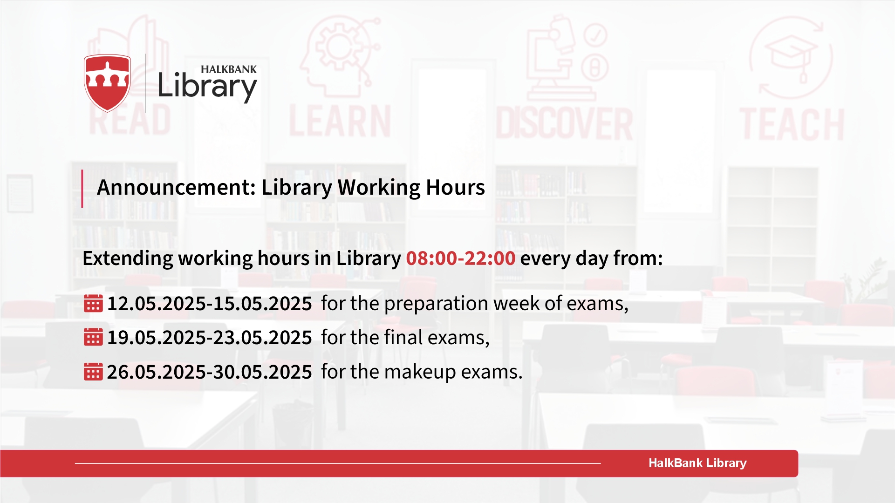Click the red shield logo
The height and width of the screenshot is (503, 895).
click(x=107, y=83)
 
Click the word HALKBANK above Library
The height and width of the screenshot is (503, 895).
click(x=229, y=69)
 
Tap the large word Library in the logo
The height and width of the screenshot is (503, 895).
click(x=207, y=87)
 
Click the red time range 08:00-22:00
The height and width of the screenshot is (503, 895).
click(x=461, y=258)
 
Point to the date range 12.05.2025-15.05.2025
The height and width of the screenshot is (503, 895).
click(x=209, y=304)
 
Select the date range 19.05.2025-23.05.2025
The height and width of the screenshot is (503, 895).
click(x=209, y=338)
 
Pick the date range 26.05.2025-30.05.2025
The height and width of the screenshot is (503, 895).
click(x=209, y=372)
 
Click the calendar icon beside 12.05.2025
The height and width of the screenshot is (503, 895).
click(x=93, y=303)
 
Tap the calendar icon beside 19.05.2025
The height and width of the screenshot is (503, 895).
click(x=93, y=337)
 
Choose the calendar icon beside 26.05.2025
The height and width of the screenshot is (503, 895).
click(x=93, y=372)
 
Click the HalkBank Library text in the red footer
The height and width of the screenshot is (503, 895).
click(x=697, y=463)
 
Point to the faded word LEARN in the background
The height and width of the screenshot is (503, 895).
click(x=340, y=121)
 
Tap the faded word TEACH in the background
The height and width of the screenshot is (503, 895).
click(x=792, y=124)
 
